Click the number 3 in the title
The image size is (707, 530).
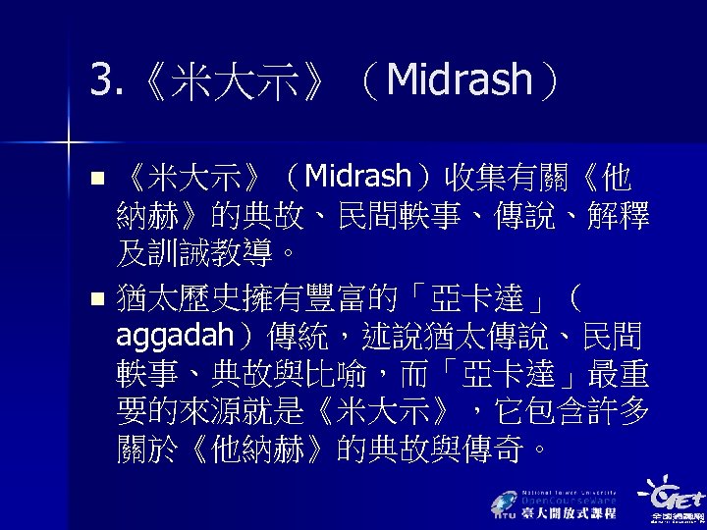point(98,80)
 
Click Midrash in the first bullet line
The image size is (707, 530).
point(358,178)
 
